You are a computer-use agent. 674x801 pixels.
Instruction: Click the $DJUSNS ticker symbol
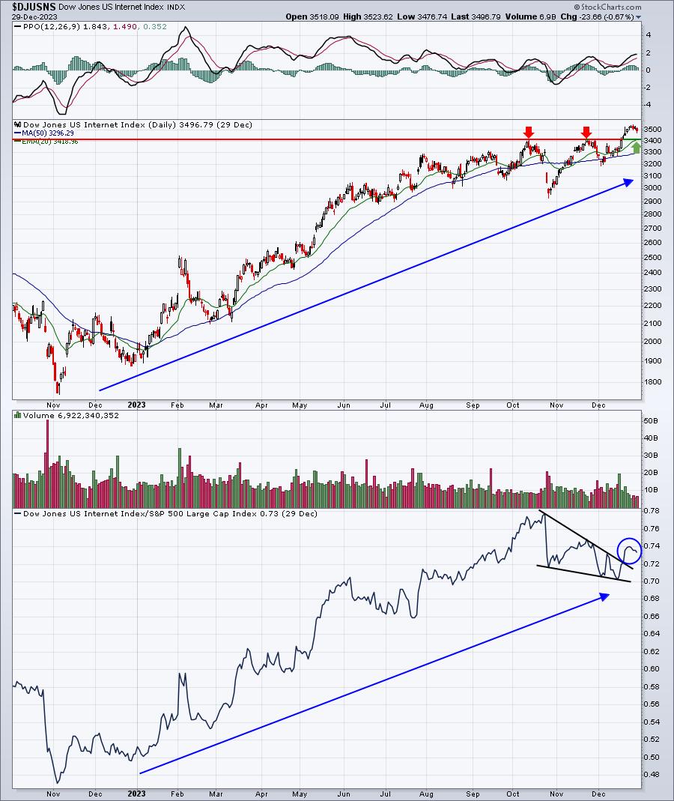pos(34,7)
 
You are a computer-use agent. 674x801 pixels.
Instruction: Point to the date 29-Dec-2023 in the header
pos(34,16)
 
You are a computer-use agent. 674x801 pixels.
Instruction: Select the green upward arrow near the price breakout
pos(636,147)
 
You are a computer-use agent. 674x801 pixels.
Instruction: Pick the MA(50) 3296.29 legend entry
pos(44,133)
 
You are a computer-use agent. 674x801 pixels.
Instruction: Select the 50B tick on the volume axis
pos(651,420)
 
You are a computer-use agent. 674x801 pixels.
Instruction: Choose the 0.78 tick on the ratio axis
pos(651,510)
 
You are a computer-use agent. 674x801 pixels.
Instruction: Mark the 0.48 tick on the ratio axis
pos(651,775)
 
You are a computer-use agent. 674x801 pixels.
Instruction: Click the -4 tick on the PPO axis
pos(649,105)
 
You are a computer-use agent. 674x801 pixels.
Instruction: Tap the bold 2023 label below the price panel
pos(136,405)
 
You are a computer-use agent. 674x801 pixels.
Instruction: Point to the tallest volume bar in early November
pos(47,463)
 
